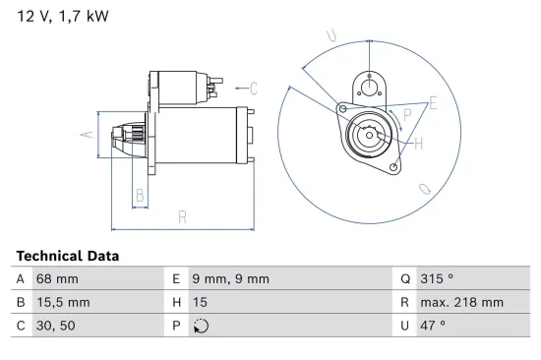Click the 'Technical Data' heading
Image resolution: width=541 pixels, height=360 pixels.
(68, 256)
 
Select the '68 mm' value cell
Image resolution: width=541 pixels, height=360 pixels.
(52, 278)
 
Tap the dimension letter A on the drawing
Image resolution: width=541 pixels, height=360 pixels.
(86, 135)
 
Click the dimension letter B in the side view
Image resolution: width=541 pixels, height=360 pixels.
(140, 196)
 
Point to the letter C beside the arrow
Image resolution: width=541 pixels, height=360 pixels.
(253, 89)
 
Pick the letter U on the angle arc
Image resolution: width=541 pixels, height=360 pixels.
(331, 37)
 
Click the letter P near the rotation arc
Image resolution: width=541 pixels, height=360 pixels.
(407, 115)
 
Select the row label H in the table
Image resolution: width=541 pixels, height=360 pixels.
(176, 302)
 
